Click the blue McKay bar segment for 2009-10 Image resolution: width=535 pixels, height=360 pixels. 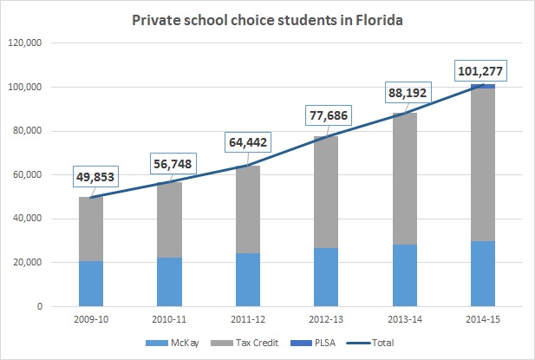click(x=91, y=284)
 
